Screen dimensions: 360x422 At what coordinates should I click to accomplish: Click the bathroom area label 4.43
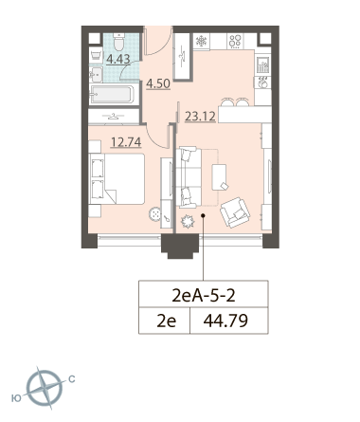(118, 59)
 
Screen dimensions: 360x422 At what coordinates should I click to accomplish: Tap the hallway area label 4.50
(158, 83)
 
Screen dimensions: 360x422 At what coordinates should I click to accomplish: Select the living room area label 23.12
(200, 117)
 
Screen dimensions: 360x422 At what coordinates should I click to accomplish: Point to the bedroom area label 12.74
(126, 142)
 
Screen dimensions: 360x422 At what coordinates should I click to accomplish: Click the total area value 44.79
(225, 321)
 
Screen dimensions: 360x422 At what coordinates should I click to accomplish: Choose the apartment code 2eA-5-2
(204, 296)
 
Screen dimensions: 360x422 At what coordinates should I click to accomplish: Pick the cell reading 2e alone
(167, 321)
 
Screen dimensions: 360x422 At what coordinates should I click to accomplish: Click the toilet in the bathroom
(118, 43)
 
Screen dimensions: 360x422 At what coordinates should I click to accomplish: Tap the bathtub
(112, 94)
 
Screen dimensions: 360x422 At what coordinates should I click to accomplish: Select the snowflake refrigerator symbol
(201, 41)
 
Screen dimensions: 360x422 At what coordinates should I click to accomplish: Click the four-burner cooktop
(235, 41)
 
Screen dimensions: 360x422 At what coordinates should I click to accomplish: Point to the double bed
(117, 178)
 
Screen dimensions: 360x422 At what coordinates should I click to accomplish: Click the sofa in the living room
(189, 177)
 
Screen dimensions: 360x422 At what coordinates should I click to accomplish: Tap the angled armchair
(235, 212)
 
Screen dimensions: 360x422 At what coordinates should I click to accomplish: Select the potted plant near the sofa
(188, 221)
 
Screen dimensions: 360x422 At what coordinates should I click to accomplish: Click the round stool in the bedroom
(155, 214)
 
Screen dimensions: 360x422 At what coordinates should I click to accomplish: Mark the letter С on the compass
(72, 379)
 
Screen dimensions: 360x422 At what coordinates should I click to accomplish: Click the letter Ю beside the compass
(16, 398)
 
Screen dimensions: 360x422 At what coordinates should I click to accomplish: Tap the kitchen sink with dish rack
(262, 64)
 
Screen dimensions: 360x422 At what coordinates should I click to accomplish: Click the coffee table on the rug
(220, 177)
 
